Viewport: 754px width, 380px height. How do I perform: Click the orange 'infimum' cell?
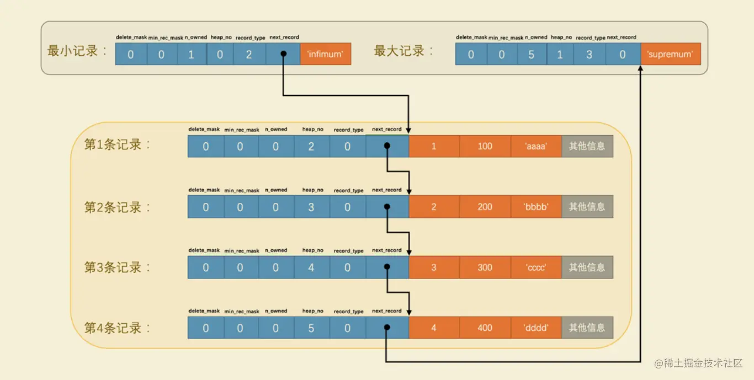click(325, 55)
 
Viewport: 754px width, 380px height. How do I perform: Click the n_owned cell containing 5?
click(532, 55)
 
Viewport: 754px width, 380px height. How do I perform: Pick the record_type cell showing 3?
click(589, 55)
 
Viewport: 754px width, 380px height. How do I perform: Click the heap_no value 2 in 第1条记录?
click(311, 147)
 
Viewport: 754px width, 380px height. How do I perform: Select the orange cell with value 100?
click(485, 147)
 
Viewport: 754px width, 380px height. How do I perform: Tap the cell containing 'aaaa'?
click(536, 147)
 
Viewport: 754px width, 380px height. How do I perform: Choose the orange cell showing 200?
click(485, 207)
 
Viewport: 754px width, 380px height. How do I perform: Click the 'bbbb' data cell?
click(536, 207)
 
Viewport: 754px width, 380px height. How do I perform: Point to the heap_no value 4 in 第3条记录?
click(311, 267)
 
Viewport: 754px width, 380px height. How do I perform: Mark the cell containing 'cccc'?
click(536, 267)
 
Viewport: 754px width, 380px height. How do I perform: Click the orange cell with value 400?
click(485, 328)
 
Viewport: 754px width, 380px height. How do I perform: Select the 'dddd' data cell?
click(536, 328)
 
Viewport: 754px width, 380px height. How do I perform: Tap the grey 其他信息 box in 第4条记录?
click(587, 328)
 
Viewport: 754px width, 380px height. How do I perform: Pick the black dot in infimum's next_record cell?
click(283, 55)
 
